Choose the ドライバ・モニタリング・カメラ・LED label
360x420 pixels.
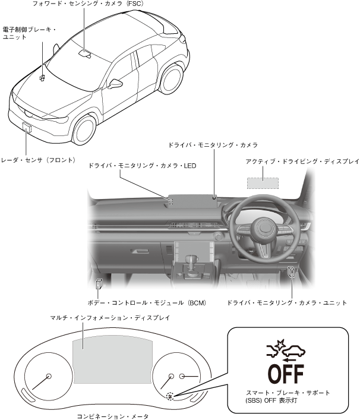142,166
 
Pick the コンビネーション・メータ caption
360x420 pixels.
113,416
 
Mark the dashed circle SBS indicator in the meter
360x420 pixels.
171,396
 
